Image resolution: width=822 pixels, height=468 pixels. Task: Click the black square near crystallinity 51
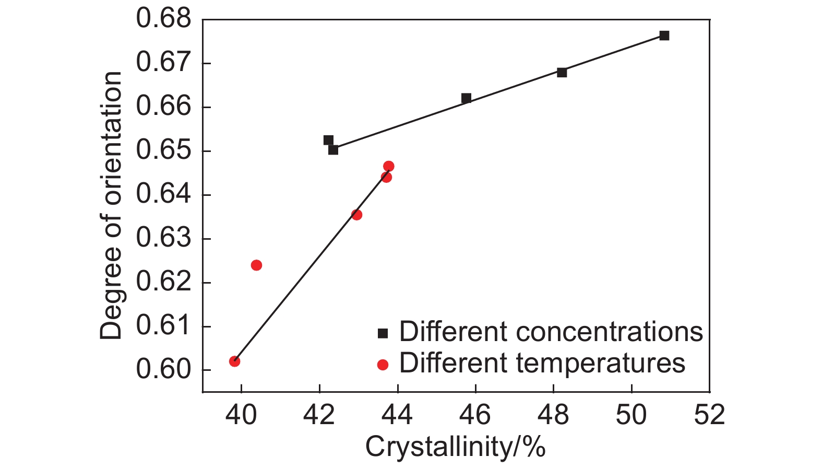(x=664, y=36)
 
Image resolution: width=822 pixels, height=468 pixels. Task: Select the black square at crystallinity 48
(x=562, y=72)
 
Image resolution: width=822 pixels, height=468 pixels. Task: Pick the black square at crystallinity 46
(x=466, y=98)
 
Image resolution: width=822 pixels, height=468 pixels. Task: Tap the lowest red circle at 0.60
(x=235, y=361)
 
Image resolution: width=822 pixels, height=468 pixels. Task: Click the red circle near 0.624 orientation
(x=256, y=265)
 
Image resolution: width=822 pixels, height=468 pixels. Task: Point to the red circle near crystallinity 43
(x=356, y=215)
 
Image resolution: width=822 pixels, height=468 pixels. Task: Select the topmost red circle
(x=388, y=167)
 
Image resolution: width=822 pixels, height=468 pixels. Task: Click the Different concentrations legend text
(x=551, y=332)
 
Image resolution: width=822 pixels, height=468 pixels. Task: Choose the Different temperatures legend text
(x=542, y=363)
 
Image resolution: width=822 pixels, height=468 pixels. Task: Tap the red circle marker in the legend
(x=383, y=365)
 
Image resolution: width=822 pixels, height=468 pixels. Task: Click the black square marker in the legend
(x=383, y=333)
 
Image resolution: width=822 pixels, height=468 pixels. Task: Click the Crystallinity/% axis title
(x=455, y=447)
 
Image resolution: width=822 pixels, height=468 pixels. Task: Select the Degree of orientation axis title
(x=111, y=206)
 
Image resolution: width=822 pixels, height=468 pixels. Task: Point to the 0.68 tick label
(x=164, y=19)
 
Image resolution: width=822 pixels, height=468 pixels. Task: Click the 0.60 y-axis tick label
(x=164, y=370)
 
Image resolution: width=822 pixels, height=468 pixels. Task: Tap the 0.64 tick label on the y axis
(x=164, y=195)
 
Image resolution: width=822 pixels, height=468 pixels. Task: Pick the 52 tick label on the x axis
(x=709, y=415)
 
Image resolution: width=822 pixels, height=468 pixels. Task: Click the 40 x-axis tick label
(x=241, y=415)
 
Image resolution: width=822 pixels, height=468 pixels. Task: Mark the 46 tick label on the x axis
(x=475, y=415)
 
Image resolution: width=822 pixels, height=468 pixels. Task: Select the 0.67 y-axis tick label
(x=164, y=63)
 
